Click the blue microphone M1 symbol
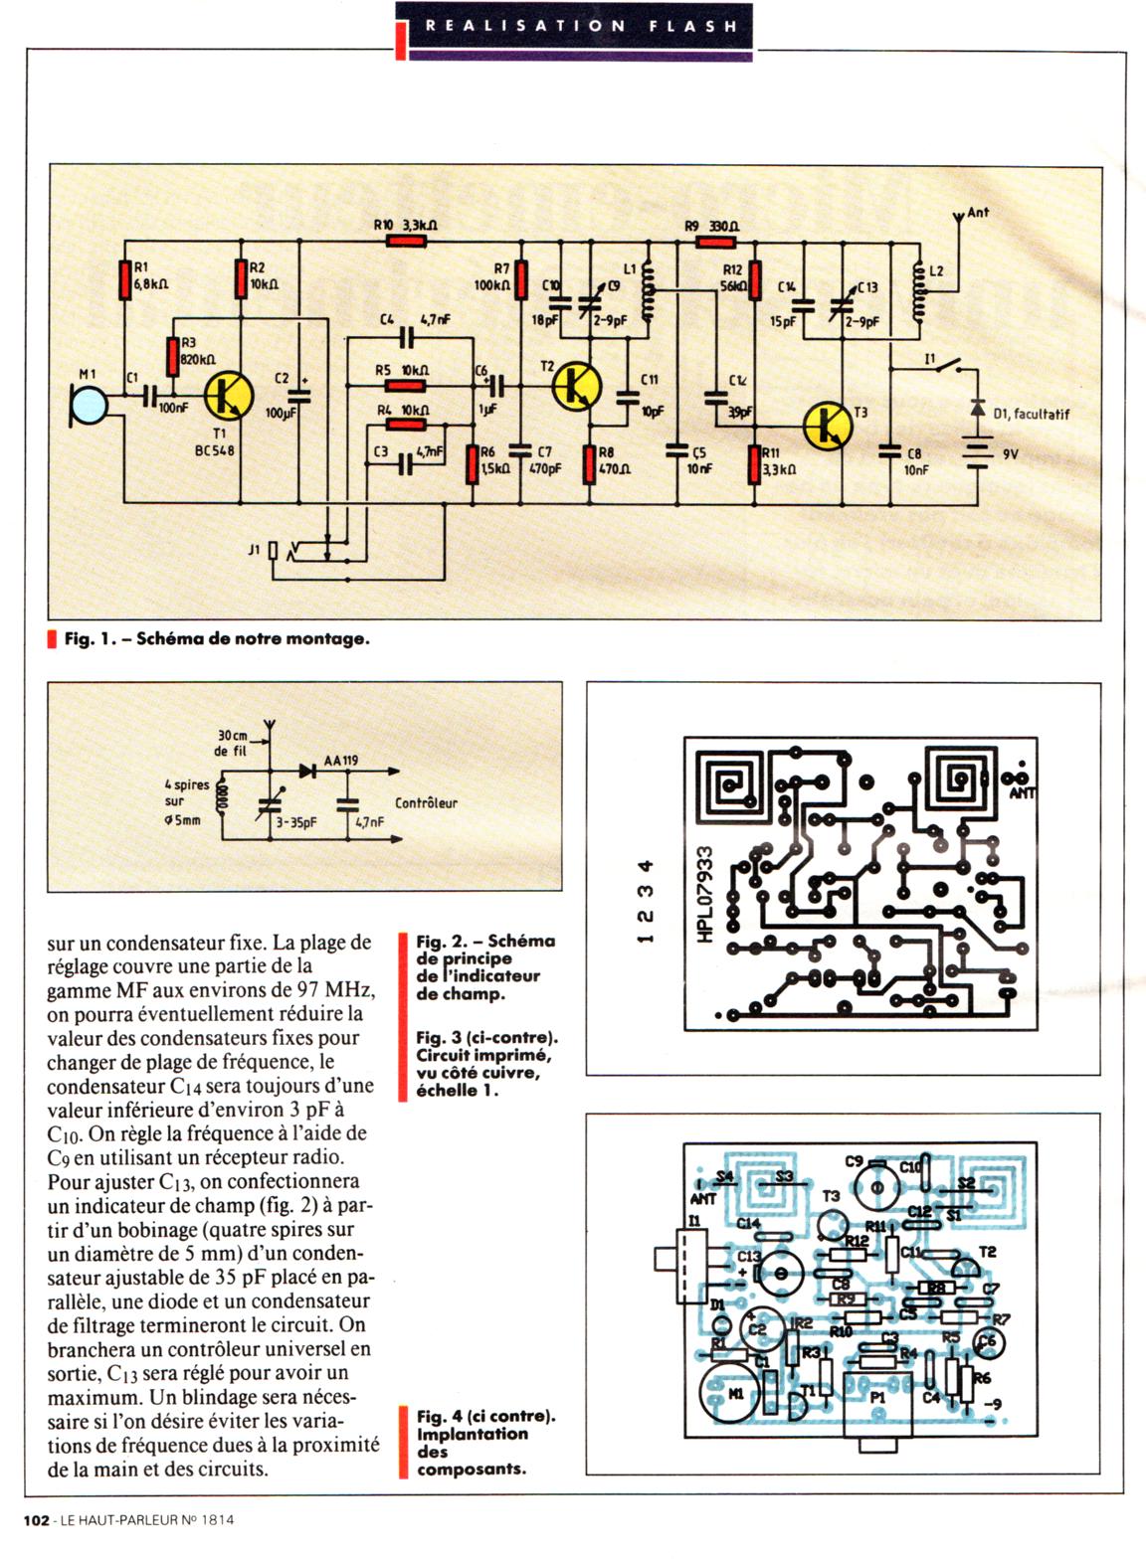coord(92,403)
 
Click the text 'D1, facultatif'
coord(1031,414)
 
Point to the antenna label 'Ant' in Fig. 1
coord(978,212)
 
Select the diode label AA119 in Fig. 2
coord(341,761)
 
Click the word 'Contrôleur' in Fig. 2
coord(426,802)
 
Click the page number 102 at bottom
coord(36,1519)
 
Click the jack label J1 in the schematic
coord(255,548)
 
